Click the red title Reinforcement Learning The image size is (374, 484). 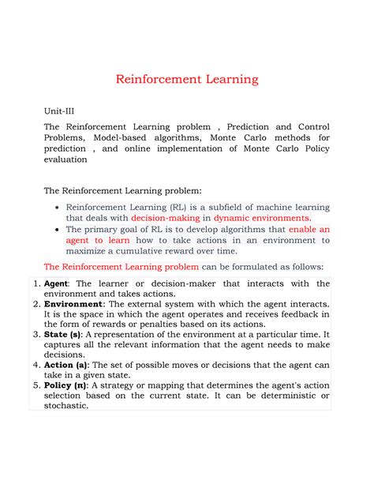[186, 80]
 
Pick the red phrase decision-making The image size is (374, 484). [166, 218]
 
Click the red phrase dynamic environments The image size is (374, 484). [262, 218]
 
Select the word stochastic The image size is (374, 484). [67, 407]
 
